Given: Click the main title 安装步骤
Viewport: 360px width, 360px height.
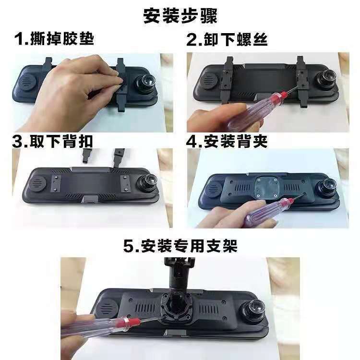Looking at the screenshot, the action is pyautogui.click(x=180, y=16).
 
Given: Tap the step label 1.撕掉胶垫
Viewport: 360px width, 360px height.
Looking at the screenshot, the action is pyautogui.click(x=54, y=38).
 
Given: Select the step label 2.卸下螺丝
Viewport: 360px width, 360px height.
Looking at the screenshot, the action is pyautogui.click(x=227, y=39).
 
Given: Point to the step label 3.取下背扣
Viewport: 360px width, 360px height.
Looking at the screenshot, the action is pyautogui.click(x=53, y=142).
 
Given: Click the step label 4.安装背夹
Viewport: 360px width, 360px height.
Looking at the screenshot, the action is pyautogui.click(x=227, y=142).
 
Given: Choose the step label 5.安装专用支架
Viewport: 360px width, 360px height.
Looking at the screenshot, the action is pyautogui.click(x=180, y=246).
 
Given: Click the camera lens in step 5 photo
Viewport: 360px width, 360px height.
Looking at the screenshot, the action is pyautogui.click(x=252, y=309).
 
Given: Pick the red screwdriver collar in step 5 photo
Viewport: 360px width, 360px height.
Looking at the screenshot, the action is pyautogui.click(x=124, y=323).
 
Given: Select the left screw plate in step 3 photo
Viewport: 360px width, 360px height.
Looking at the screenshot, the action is pyautogui.click(x=56, y=183).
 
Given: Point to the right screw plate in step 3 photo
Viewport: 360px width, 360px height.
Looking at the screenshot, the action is pyautogui.click(x=125, y=183).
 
